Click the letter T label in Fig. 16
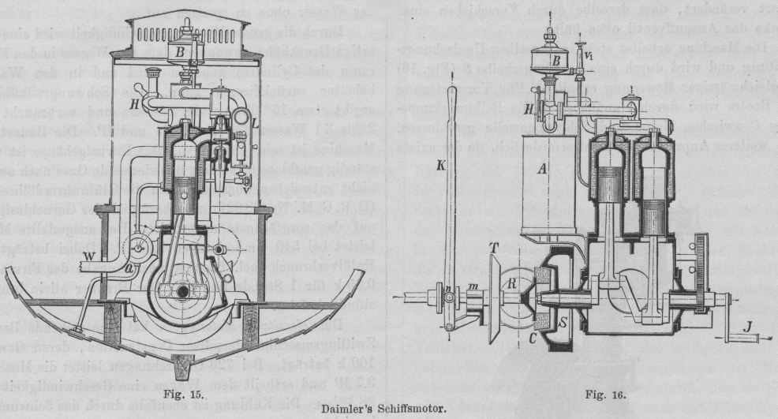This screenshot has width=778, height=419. pos(493,248)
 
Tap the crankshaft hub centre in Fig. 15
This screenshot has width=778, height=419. pos(183,291)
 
